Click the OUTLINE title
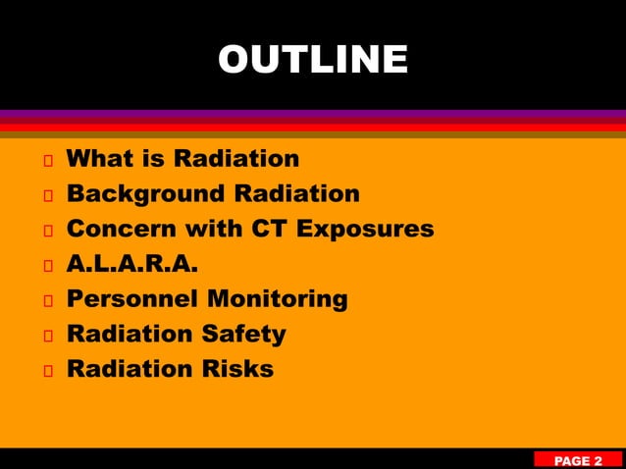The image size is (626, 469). pos(313,59)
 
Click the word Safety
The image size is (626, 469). pos(244,334)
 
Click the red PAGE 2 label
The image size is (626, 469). pos(578,460)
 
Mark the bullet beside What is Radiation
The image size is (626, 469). pos(46,160)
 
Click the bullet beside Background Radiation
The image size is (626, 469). pos(46,195)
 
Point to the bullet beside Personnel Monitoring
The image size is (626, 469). pos(46,300)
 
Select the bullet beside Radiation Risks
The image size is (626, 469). pos(46,371)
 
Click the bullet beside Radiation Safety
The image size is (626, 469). pos(46,336)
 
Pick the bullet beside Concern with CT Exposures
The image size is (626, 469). pos(46,231)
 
